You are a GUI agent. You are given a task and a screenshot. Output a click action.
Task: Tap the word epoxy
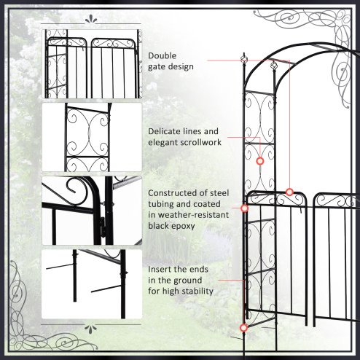click(187, 227)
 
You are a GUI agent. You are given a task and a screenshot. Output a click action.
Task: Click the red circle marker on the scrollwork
click(260, 160)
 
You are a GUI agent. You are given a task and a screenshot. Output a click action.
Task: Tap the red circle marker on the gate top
click(289, 192)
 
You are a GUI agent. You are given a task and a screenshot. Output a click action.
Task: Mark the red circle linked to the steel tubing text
click(244, 208)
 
